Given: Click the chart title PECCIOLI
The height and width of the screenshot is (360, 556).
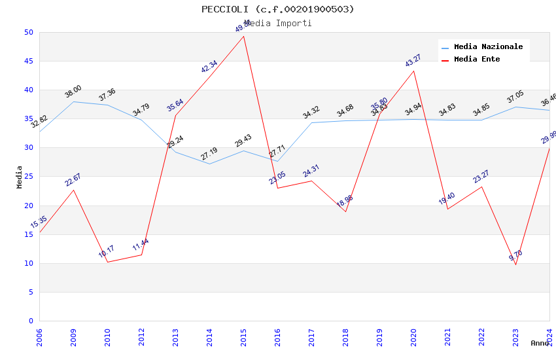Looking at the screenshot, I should (277, 9).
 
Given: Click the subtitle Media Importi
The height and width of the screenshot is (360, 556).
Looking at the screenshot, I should (277, 24).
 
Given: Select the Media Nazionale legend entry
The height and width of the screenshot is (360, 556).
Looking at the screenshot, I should (488, 47).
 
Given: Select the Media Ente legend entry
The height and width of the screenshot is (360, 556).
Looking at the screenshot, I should (477, 60).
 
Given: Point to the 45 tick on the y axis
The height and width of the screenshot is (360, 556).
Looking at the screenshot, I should (28, 62).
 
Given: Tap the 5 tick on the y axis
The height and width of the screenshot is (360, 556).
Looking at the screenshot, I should (30, 293).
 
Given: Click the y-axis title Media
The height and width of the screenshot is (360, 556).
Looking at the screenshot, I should (20, 177).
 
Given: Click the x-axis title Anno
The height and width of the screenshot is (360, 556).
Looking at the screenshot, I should (540, 343).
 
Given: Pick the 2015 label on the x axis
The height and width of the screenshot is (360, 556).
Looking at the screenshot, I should (243, 338).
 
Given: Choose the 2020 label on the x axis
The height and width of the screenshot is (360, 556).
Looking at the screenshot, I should (413, 338).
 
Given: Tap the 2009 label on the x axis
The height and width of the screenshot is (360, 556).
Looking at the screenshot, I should (73, 338).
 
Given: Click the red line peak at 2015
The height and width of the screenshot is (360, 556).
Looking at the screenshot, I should (243, 36).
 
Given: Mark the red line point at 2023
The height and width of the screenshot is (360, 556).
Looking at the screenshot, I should (515, 264).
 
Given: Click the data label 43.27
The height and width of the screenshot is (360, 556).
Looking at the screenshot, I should (413, 61).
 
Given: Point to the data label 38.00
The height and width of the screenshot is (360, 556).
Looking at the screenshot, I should (73, 92).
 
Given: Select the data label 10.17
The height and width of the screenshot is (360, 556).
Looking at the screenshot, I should (107, 251).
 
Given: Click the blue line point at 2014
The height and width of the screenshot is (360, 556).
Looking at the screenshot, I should (209, 164).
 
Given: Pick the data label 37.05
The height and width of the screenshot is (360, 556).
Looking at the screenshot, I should (515, 98).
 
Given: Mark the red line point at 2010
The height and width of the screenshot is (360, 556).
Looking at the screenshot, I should (107, 262).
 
